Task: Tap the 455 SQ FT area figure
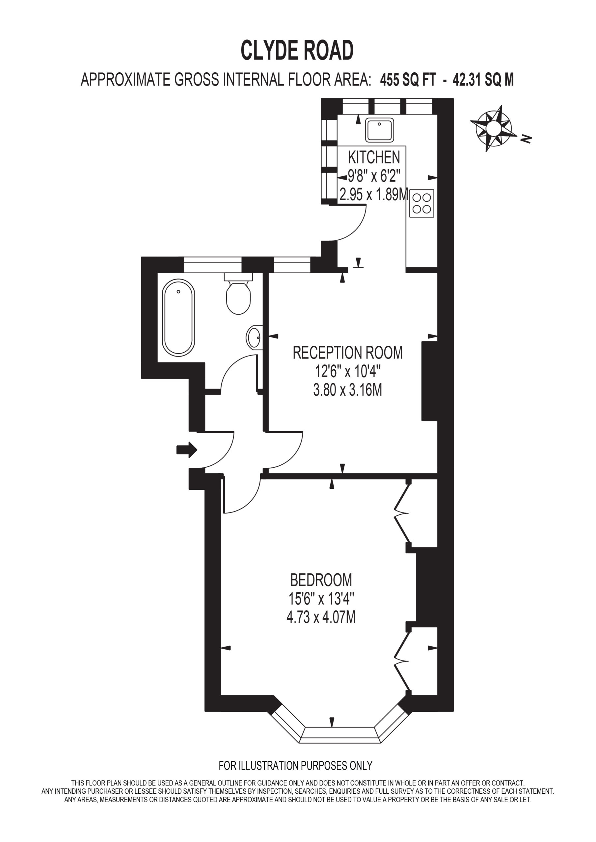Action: (x=408, y=80)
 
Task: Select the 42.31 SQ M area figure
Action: (x=483, y=80)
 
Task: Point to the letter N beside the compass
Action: (x=527, y=138)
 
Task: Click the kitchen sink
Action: (x=380, y=130)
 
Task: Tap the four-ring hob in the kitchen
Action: (x=421, y=203)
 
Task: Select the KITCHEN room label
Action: (x=374, y=157)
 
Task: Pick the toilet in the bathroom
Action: (x=238, y=293)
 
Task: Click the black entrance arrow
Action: (x=187, y=449)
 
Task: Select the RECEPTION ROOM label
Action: (x=347, y=353)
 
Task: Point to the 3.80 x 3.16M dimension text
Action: (x=347, y=390)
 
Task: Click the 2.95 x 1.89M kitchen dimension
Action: (x=374, y=195)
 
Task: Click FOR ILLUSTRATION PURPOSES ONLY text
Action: (x=296, y=766)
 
